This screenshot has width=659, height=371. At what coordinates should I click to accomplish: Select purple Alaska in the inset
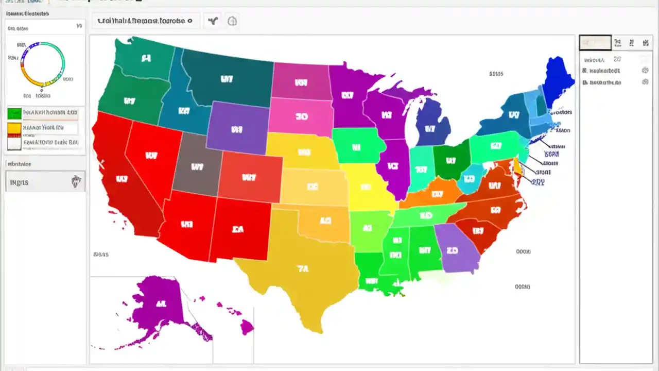[x=157, y=304]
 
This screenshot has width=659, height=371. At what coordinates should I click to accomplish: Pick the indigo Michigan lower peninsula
[x=432, y=124]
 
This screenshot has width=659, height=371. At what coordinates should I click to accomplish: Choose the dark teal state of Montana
[x=227, y=77]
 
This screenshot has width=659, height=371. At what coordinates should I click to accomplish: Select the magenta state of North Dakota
[x=301, y=81]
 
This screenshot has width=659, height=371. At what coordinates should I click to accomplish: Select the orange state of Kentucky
[x=435, y=193]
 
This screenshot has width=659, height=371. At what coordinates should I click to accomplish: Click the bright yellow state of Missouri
[x=368, y=188]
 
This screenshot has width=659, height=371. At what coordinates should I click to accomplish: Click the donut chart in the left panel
[x=43, y=64]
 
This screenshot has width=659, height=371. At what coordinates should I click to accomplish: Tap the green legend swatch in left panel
[x=14, y=113]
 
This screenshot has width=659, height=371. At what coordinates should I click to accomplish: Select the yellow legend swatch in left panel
[x=14, y=127]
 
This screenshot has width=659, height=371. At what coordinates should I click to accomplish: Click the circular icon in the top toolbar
[x=232, y=21]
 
